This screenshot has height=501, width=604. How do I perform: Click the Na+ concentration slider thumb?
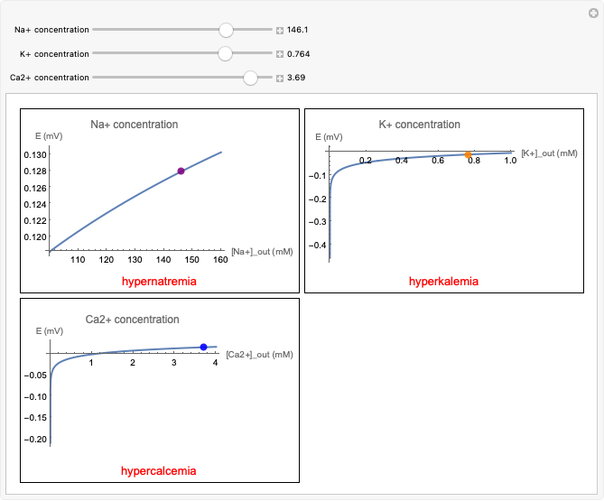coord(226,30)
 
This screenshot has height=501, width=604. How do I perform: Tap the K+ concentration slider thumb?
coord(226,54)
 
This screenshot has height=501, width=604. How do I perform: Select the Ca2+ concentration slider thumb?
coord(251,78)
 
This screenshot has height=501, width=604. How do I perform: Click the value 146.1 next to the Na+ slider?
coord(299,30)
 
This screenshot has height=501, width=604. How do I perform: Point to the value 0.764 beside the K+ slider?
coord(299,54)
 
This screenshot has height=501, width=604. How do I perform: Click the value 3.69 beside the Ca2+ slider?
coord(296,78)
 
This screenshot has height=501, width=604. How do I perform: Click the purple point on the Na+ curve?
coord(181,171)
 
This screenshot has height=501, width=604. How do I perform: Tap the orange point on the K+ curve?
coord(468,154)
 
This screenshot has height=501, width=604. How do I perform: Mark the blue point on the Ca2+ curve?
coord(203,347)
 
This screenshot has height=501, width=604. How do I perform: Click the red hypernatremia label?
coord(159,282)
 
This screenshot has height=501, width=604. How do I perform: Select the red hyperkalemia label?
coord(443,282)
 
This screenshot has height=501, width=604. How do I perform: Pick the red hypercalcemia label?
coord(159,471)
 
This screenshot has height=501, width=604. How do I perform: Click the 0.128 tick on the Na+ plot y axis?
coord(34,172)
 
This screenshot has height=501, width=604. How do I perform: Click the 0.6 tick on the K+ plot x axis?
coord(437,161)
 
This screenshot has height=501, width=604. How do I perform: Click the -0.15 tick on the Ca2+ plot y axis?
coord(34,418)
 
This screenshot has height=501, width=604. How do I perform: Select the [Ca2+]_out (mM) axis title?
coord(259,355)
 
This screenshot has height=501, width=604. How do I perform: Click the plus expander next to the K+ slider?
coord(280,54)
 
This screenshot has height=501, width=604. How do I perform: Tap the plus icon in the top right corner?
coord(591,13)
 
